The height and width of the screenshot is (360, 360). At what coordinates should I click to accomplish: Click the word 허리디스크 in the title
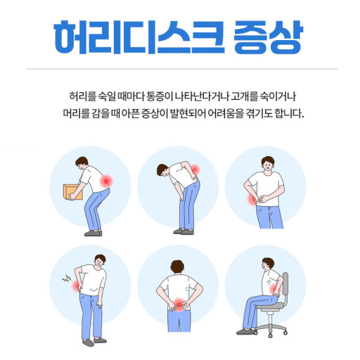pyautogui.click(x=139, y=37)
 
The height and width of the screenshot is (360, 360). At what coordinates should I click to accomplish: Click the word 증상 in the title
pyautogui.click(x=269, y=37)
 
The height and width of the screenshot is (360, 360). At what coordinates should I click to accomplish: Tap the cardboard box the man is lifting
pyautogui.click(x=72, y=192)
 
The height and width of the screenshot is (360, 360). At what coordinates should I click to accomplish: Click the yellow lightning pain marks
pyautogui.click(x=67, y=278)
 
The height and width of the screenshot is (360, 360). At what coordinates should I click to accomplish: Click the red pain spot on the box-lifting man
pyautogui.click(x=106, y=181)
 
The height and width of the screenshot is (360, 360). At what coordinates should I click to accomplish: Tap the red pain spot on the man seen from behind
pyautogui.click(x=179, y=304)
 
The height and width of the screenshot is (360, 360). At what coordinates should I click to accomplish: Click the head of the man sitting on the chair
pyautogui.click(x=267, y=264)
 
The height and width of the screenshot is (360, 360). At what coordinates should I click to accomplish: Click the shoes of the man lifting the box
pyautogui.click(x=94, y=233)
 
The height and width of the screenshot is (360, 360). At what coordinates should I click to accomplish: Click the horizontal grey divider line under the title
pyautogui.click(x=181, y=69)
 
